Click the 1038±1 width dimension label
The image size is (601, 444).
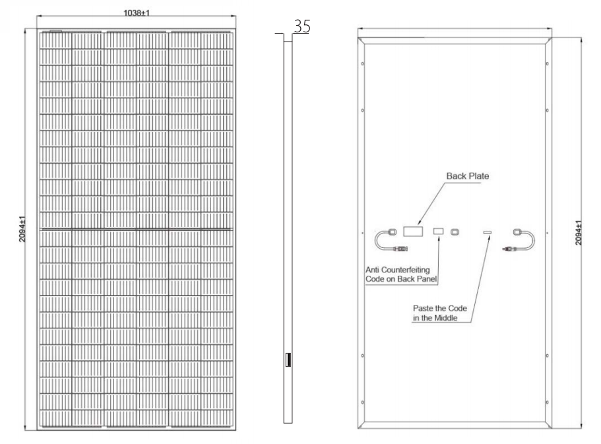click(137, 13)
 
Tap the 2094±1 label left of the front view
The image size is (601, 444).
click(22, 229)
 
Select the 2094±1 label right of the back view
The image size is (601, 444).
click(579, 232)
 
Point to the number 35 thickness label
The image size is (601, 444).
click(302, 26)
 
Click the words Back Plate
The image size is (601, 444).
click(468, 176)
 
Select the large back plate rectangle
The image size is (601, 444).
click(413, 231)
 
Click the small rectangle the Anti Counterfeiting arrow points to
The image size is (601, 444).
click(438, 231)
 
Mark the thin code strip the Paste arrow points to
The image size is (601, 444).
click(487, 232)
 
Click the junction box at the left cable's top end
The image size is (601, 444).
click(392, 232)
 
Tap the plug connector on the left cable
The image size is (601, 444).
click(400, 249)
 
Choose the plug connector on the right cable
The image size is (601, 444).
click(509, 249)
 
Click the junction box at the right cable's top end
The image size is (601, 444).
click(517, 232)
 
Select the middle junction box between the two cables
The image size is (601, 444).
click(455, 232)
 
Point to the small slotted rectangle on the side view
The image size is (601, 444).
click(288, 360)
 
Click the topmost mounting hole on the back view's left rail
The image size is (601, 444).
click(363, 63)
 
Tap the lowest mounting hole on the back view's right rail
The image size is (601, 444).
click(547, 402)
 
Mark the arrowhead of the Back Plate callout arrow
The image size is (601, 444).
click(420, 222)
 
